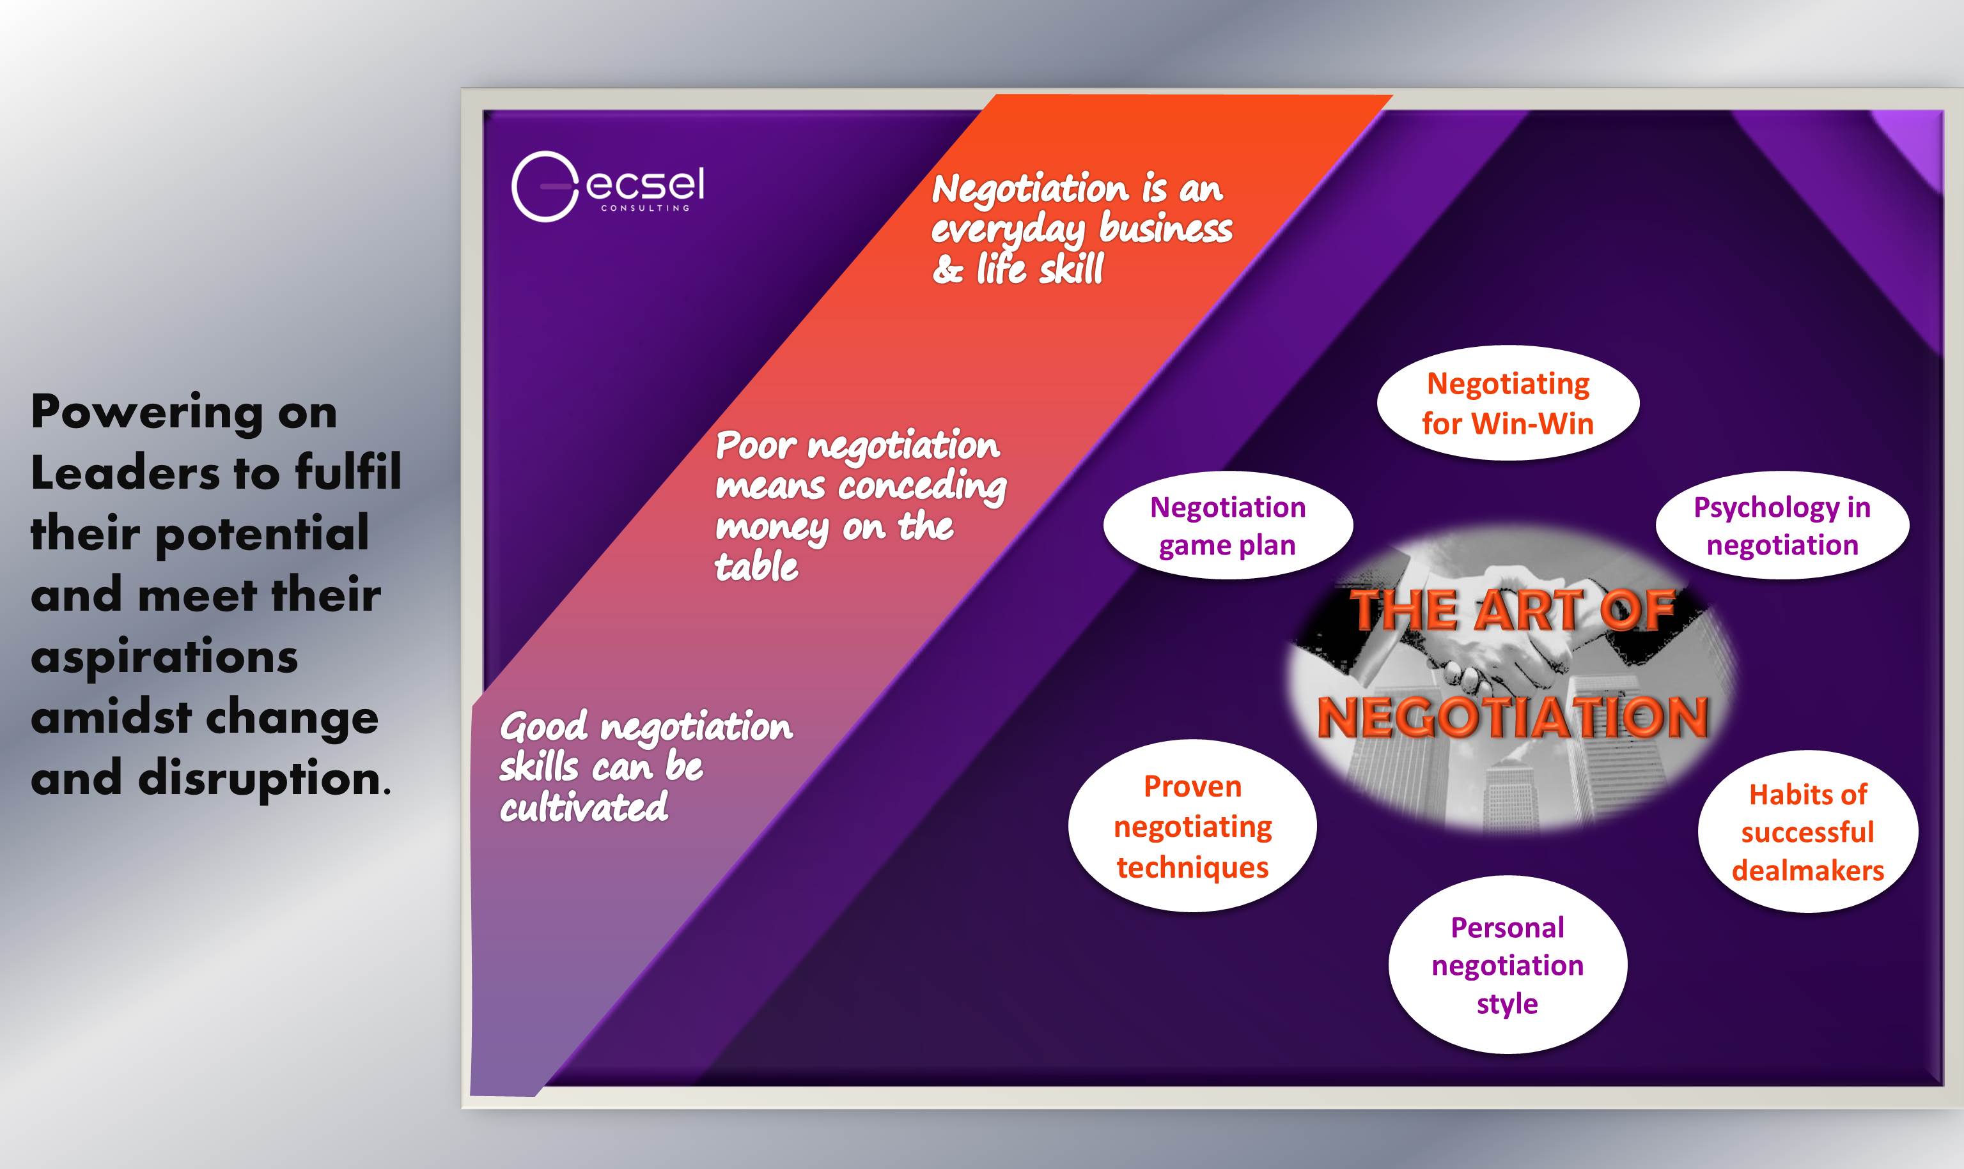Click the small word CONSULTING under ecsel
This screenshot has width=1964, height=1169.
646,208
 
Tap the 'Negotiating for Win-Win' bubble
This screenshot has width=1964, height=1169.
1508,403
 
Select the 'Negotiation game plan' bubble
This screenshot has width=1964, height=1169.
1228,526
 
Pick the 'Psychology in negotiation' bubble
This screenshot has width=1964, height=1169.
1782,526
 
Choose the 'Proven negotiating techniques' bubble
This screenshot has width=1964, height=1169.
1192,825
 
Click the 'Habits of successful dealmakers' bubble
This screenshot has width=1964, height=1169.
1808,832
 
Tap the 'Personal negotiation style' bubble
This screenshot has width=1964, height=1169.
1508,965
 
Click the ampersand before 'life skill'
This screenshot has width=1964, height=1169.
947,270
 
